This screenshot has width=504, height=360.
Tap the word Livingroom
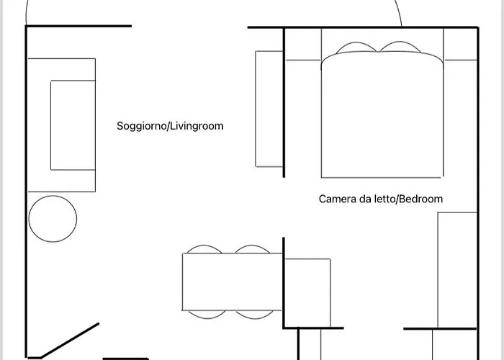click(x=197, y=126)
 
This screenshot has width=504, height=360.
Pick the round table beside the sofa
click(x=53, y=219)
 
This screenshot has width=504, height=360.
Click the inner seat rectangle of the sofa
click(x=73, y=125)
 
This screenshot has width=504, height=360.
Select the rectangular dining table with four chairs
click(x=232, y=282)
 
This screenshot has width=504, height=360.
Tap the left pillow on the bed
click(x=356, y=48)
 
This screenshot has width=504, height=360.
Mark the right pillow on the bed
click(x=400, y=47)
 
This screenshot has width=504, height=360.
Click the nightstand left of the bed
click(x=303, y=44)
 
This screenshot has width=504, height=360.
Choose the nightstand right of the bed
click(x=460, y=44)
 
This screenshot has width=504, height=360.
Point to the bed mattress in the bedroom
click(x=382, y=114)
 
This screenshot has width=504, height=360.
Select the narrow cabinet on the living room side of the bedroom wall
click(x=269, y=109)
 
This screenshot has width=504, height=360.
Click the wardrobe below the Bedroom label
click(x=457, y=270)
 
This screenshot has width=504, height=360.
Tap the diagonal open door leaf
click(x=70, y=340)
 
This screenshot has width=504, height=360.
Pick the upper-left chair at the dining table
click(x=204, y=249)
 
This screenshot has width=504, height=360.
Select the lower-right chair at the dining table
click(x=255, y=315)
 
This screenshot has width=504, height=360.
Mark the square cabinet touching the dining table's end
click(x=307, y=293)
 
